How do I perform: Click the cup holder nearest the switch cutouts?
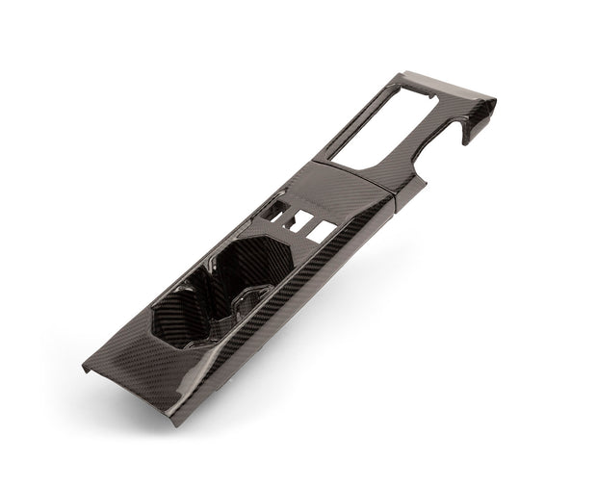[x=255, y=265]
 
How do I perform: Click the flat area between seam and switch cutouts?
[x=332, y=197]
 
